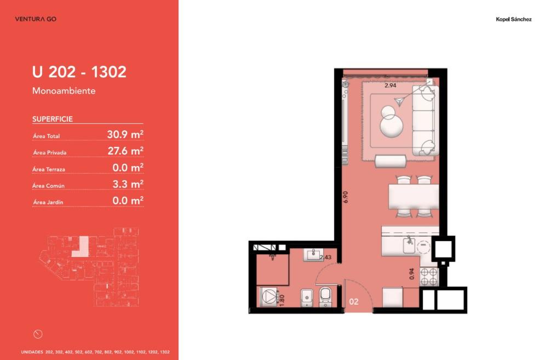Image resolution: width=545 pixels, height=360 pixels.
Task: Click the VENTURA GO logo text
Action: coord(36,19)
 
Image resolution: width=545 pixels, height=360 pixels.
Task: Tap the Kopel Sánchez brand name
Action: coord(513,20)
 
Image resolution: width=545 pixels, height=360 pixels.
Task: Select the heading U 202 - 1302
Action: coord(79,72)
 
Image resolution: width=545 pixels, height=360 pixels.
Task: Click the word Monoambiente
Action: coord(64,91)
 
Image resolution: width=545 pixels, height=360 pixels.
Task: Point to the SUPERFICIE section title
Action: coord(53,119)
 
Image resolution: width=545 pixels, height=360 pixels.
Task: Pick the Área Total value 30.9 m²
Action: coord(125,134)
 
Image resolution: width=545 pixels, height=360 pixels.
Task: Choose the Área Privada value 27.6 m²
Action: coord(125,151)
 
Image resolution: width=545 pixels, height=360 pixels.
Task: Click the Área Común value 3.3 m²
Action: coord(128,184)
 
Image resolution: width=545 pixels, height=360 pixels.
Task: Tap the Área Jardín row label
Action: coord(48,202)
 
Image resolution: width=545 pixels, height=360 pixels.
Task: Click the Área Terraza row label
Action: coord(49,169)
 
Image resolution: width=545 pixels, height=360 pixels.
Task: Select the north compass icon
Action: coord(38,334)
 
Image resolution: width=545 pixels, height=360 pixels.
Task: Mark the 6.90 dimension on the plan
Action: coord(345,197)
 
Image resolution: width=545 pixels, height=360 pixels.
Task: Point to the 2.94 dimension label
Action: coord(391,85)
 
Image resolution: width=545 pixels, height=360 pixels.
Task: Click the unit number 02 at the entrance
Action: coord(353,301)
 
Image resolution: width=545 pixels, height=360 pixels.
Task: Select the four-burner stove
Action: coord(429,277)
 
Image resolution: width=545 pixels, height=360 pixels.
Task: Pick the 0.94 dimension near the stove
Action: coord(412,274)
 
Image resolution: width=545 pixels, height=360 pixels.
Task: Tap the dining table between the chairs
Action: coord(414,197)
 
